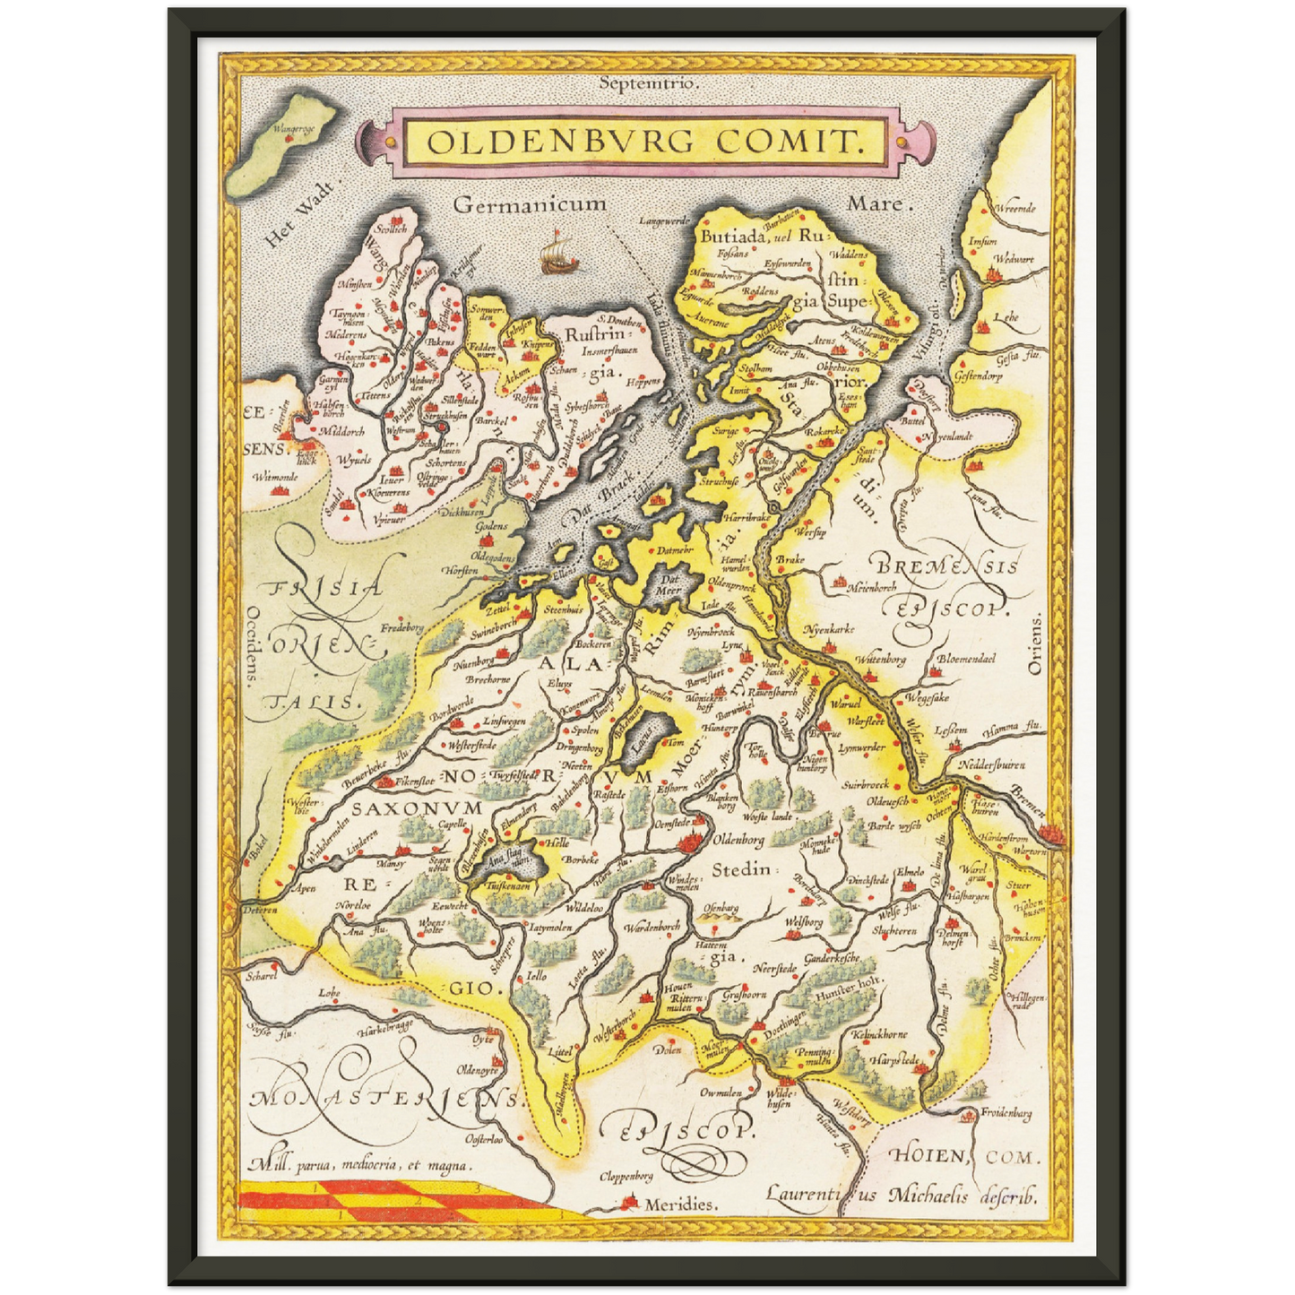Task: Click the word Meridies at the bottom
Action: [680, 1204]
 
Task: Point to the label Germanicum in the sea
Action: [530, 204]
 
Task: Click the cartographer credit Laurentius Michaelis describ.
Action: [901, 1195]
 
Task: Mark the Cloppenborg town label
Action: [626, 1176]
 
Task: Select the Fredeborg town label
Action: [401, 628]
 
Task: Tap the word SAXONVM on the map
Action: [417, 807]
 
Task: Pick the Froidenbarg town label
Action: [1006, 1114]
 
